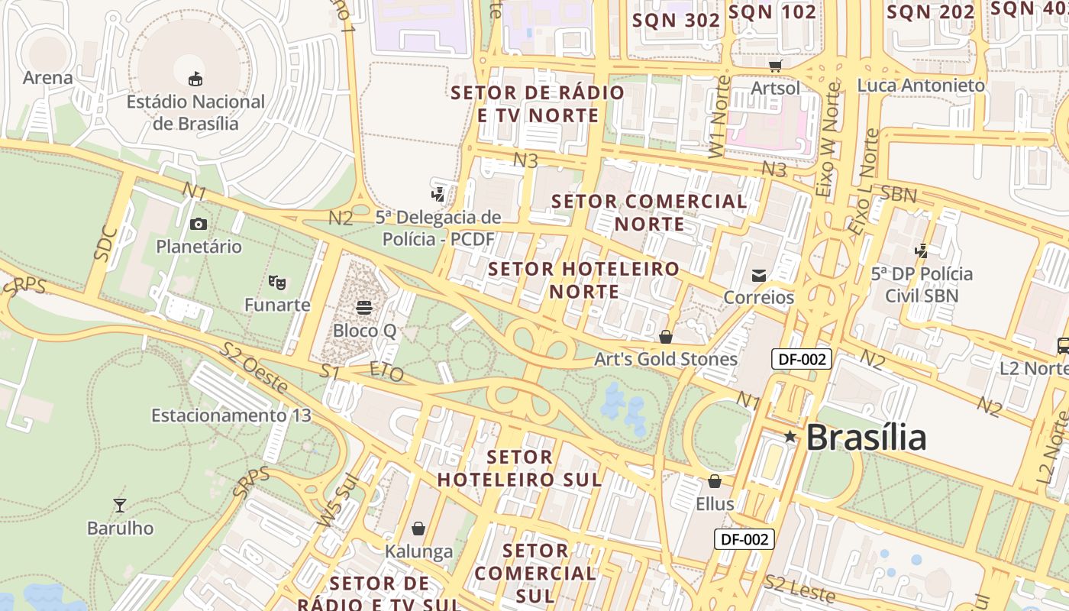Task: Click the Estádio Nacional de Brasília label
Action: [x=195, y=112]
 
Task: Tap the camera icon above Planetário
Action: [x=199, y=224]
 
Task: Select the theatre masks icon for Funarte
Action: [x=277, y=283]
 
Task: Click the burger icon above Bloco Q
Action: [x=364, y=307]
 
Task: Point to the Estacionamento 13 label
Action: [x=231, y=415]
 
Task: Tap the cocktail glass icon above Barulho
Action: [x=120, y=505]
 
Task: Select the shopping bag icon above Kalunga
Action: [x=418, y=529]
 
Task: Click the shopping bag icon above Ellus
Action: [x=715, y=481]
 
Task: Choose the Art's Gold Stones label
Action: [x=666, y=359]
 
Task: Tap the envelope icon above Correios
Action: [x=759, y=276]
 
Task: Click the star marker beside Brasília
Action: [x=790, y=437]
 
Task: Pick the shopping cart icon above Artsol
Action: [x=776, y=66]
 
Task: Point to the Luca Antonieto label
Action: [x=921, y=86]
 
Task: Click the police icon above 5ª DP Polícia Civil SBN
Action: [x=922, y=251]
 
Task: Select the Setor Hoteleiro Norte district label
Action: [x=584, y=280]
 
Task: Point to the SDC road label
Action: [x=106, y=244]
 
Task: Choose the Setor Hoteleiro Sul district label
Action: [x=519, y=468]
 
